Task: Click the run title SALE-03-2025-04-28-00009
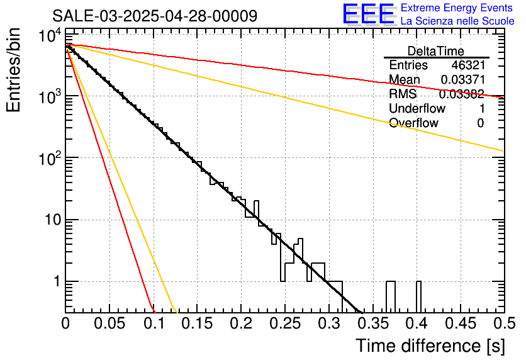pyautogui.click(x=154, y=16)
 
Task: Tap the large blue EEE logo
pyautogui.click(x=367, y=14)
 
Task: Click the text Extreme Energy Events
pyautogui.click(x=457, y=8)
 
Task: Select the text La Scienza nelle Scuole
pyautogui.click(x=457, y=21)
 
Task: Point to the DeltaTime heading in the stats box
pyautogui.click(x=435, y=51)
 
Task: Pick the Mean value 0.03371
pyautogui.click(x=462, y=80)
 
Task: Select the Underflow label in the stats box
pyautogui.click(x=416, y=109)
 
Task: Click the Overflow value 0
pyautogui.click(x=480, y=123)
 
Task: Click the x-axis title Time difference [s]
pyautogui.click(x=429, y=346)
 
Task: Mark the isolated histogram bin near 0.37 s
pyautogui.click(x=390, y=296)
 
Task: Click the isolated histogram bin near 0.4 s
pyautogui.click(x=418, y=296)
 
